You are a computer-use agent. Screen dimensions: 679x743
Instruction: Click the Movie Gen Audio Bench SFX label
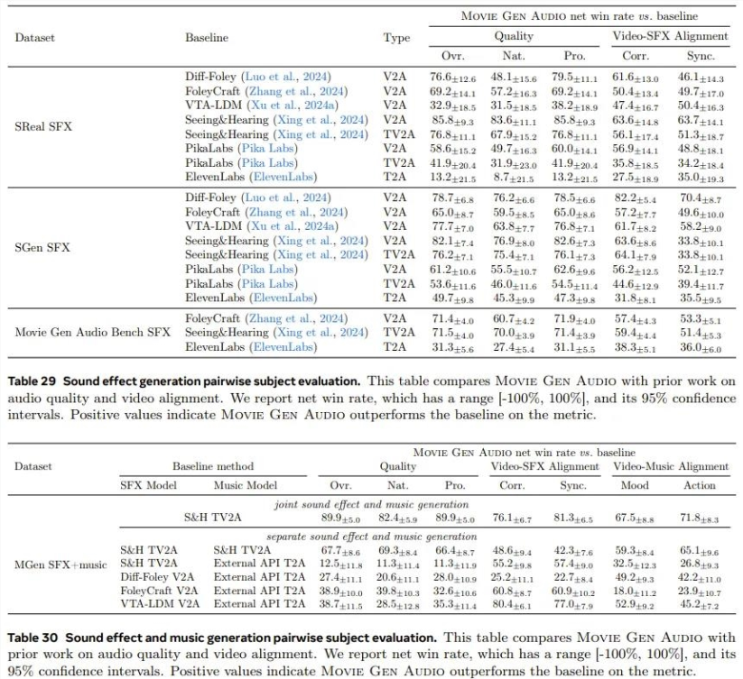pos(92,332)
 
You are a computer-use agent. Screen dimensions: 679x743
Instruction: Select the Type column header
pos(396,38)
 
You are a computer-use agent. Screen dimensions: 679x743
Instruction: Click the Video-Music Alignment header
pos(671,466)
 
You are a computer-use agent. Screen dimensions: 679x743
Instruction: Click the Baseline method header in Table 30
pos(213,466)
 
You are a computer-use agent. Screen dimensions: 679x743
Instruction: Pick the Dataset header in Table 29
pos(33,38)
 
